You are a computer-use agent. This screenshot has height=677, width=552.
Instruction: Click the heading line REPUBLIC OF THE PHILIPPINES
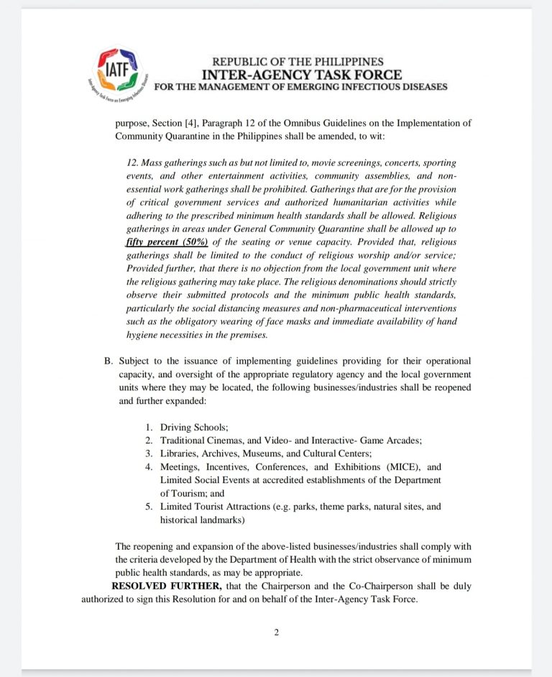click(x=298, y=62)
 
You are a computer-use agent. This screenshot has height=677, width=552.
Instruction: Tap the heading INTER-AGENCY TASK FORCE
click(x=302, y=75)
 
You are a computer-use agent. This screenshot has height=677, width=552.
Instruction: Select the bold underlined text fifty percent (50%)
click(x=167, y=242)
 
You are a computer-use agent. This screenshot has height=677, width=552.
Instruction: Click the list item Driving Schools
click(x=193, y=427)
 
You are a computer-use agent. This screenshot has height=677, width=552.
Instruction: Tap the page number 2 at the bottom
click(x=276, y=632)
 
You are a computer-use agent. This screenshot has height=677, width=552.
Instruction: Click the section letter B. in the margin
click(x=108, y=361)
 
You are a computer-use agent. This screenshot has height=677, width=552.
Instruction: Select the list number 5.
click(x=149, y=506)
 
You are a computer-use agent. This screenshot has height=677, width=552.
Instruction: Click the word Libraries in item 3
click(x=179, y=453)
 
